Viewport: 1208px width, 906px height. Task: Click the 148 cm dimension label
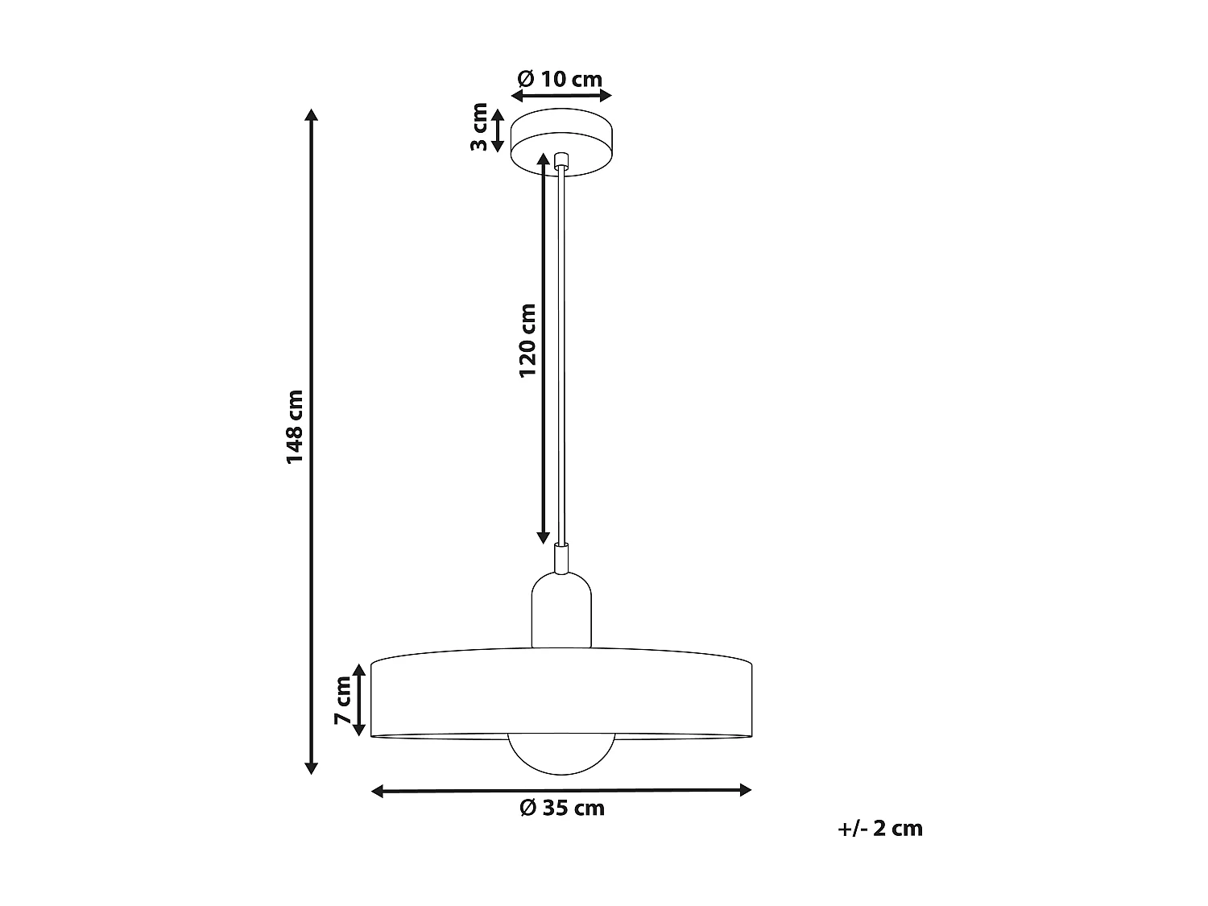tap(295, 427)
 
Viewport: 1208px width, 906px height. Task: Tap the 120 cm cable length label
tap(527, 341)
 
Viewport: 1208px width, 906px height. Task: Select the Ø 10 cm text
tap(561, 79)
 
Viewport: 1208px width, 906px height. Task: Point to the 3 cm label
tap(479, 127)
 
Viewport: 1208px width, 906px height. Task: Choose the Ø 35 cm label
tap(562, 808)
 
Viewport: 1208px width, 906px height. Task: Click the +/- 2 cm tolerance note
tap(879, 828)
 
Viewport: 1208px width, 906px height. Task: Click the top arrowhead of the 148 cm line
tap(312, 114)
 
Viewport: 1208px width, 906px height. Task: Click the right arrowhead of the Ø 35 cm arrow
tap(745, 790)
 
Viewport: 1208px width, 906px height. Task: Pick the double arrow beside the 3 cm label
tap(498, 130)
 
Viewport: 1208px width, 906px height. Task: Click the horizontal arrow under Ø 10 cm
tap(562, 96)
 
